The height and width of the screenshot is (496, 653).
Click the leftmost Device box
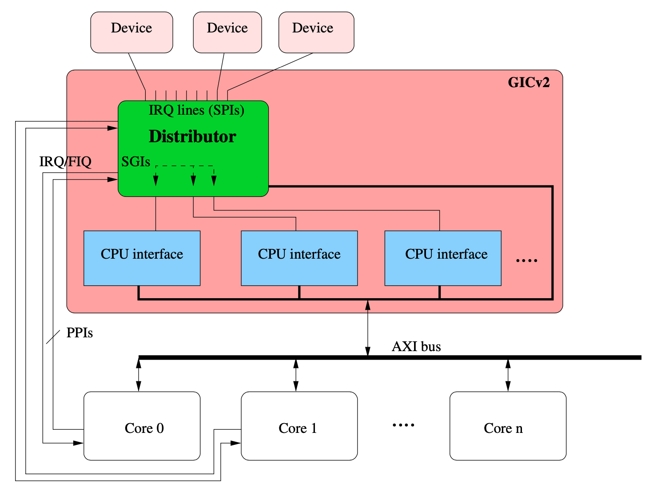tap(131, 32)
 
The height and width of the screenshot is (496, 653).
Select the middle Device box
tap(227, 32)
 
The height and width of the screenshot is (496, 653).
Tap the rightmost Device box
tap(316, 32)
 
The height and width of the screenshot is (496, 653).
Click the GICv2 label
tap(529, 83)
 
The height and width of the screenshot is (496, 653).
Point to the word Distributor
tap(192, 136)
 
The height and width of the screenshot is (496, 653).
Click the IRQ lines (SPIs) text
tap(196, 110)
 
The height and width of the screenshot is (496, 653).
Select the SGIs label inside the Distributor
tap(135, 162)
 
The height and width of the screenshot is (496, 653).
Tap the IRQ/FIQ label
tap(65, 162)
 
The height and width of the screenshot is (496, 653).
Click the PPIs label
tap(80, 333)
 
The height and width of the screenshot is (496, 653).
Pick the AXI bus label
tap(416, 347)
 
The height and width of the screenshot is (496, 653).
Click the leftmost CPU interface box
tap(142, 258)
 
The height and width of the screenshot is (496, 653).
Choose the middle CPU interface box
tap(299, 258)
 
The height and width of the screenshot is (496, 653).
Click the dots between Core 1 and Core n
tap(403, 425)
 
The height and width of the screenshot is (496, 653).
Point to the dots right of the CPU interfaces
tap(527, 260)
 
